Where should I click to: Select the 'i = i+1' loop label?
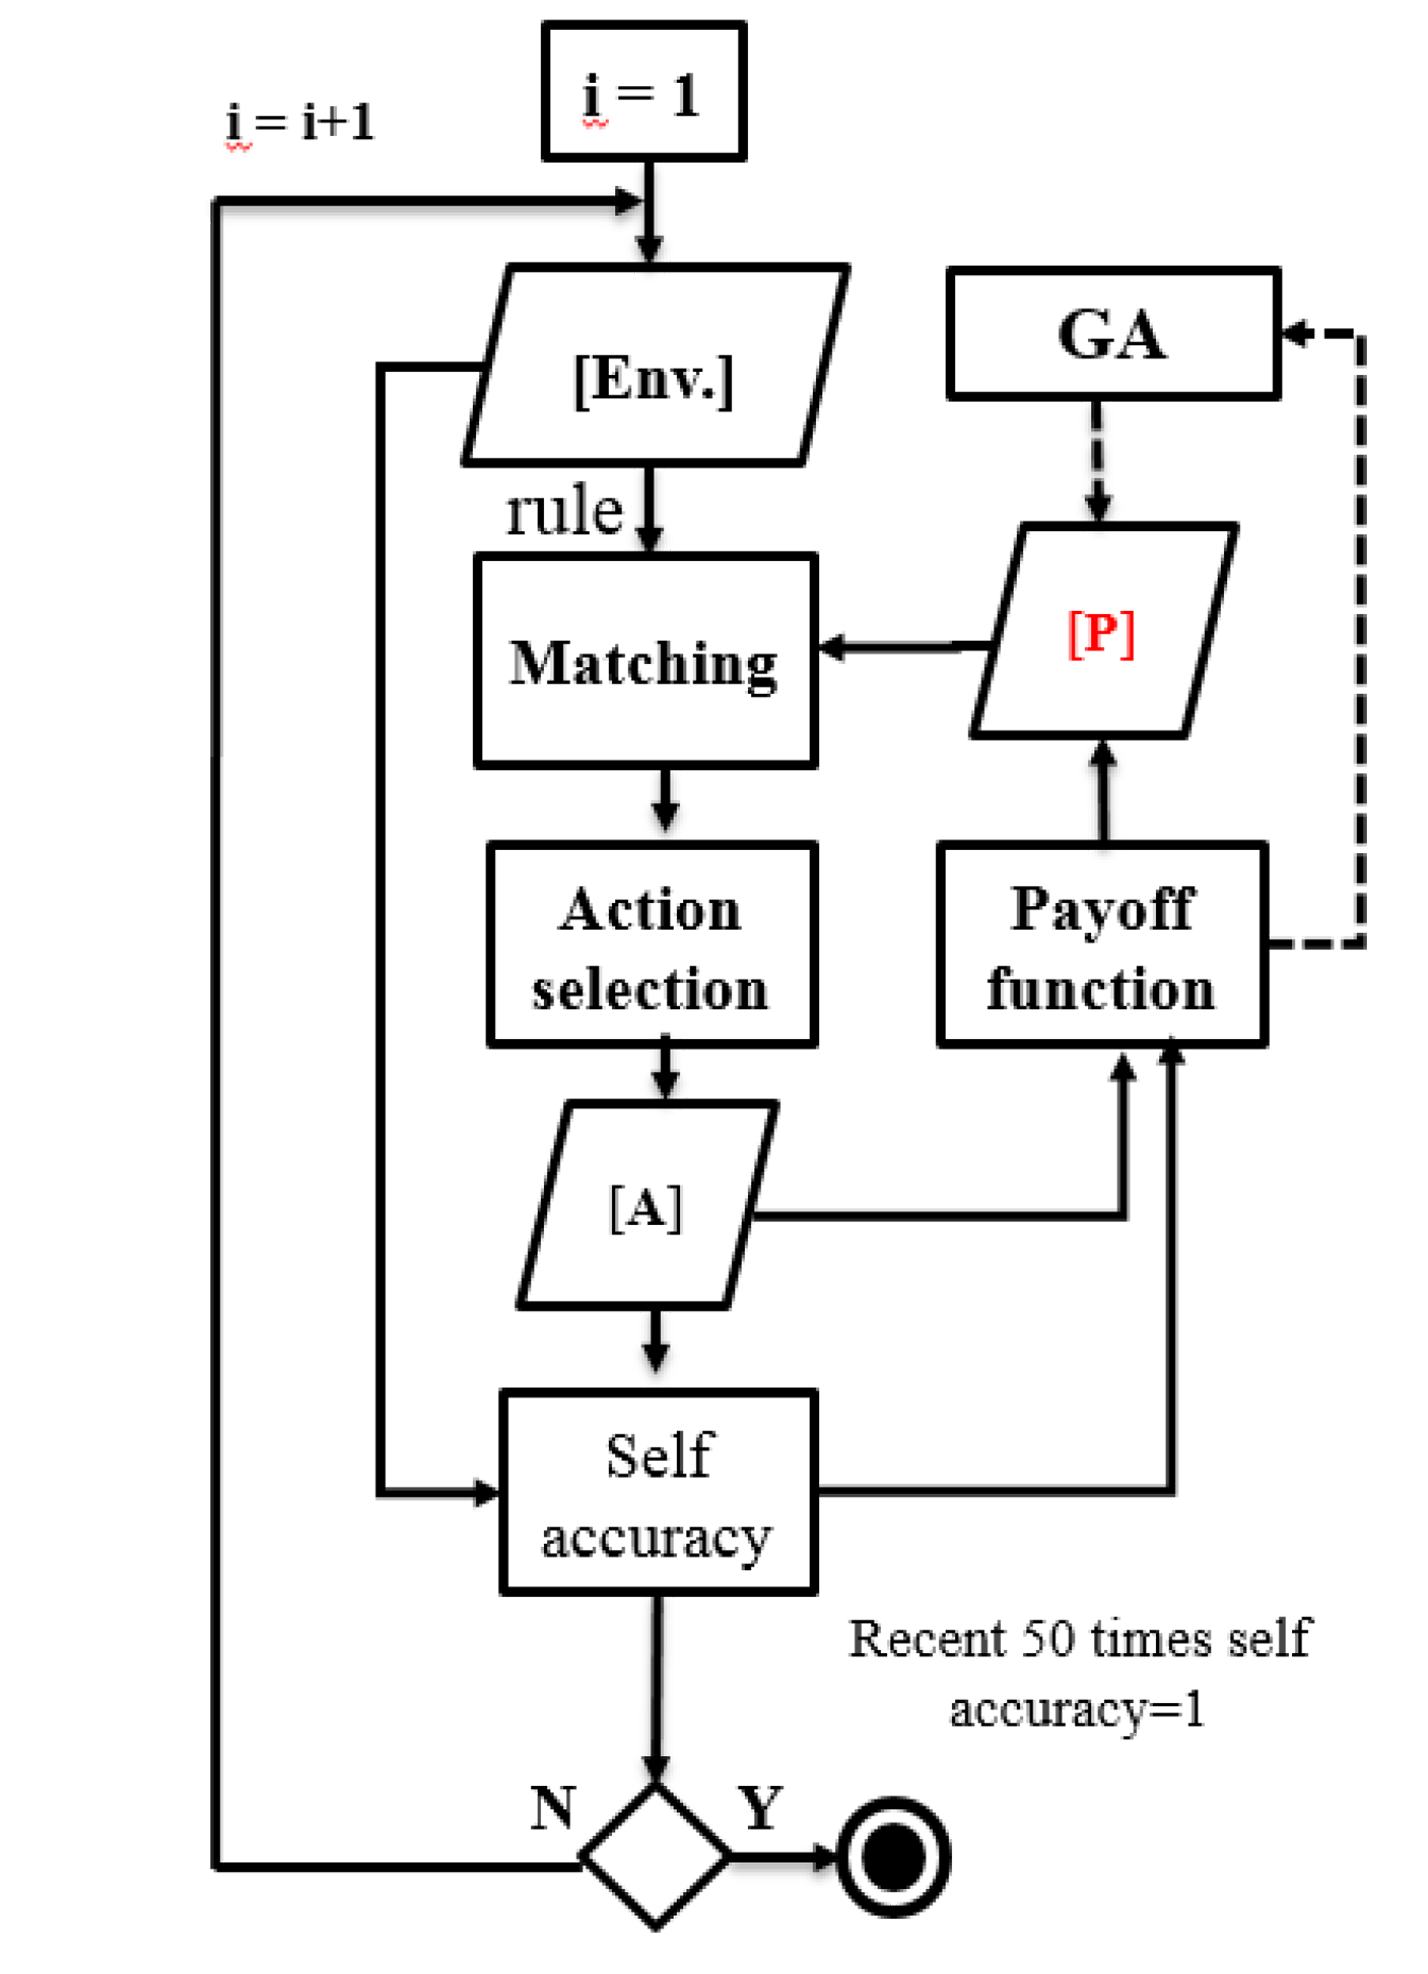coord(300,122)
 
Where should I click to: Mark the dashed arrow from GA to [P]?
coord(1097,461)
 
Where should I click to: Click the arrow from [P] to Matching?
coord(905,647)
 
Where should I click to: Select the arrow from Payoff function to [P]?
coord(1103,792)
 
